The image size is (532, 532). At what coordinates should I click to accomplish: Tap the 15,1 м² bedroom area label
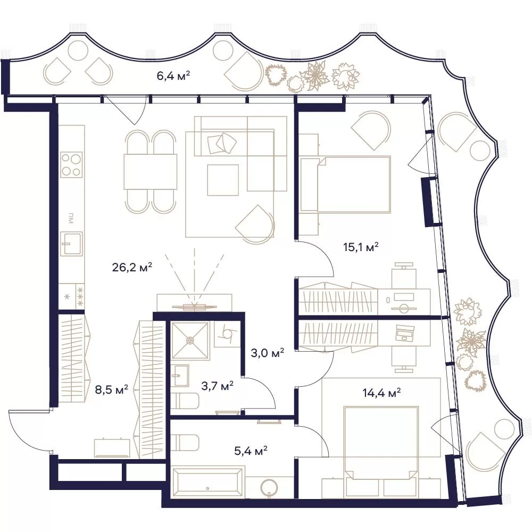(361, 247)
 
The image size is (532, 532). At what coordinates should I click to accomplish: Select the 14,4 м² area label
(381, 393)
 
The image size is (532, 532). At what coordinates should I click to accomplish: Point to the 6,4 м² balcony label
(173, 76)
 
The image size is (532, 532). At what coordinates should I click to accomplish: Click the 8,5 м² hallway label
(111, 389)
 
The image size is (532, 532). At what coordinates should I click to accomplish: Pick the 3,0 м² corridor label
(268, 353)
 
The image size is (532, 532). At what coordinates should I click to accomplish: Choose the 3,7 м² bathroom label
(217, 386)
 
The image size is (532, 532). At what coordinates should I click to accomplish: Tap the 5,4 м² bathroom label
(251, 451)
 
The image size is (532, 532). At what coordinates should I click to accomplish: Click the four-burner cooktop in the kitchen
(71, 164)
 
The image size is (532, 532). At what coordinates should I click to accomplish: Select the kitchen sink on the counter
(71, 243)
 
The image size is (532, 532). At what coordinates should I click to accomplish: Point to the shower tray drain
(190, 340)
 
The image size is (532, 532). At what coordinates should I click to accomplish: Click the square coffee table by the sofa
(223, 180)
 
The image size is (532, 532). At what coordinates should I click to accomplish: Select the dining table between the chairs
(151, 171)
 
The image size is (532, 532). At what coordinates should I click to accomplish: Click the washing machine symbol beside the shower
(227, 334)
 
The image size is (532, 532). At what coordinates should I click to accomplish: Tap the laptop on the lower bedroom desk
(404, 332)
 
